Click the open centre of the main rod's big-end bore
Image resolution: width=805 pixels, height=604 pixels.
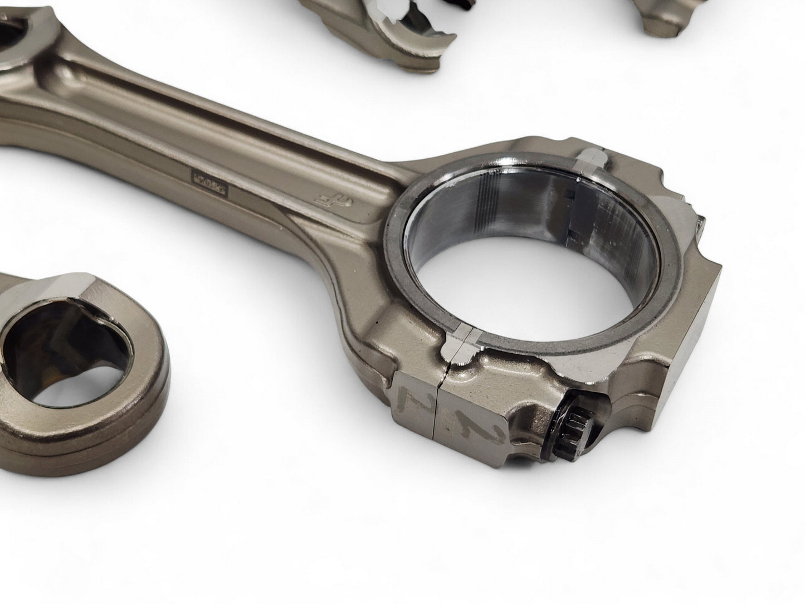click(490, 279)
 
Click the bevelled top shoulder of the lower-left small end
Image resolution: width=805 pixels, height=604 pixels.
click(84, 290)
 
